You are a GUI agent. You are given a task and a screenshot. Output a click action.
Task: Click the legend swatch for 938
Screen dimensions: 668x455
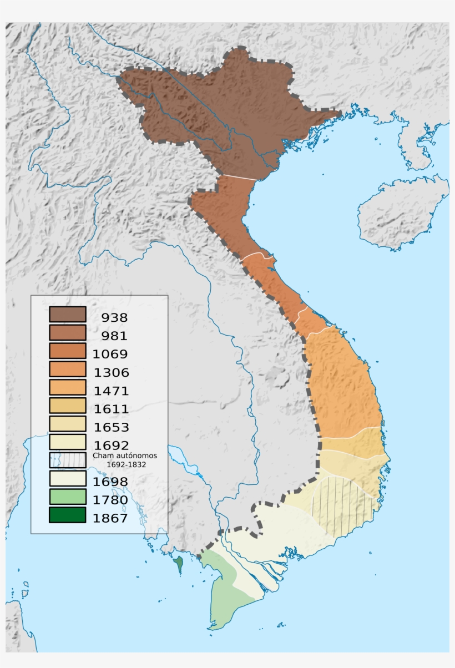pyautogui.click(x=67, y=314)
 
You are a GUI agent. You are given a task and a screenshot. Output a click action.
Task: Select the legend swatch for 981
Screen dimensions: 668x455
pyautogui.click(x=67, y=332)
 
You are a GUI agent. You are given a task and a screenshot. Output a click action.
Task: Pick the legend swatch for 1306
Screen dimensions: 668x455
pyautogui.click(x=67, y=369)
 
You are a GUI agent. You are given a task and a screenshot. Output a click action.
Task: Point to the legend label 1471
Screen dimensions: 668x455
pyautogui.click(x=112, y=391)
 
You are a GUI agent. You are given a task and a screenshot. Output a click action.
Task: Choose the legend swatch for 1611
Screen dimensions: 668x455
pyautogui.click(x=67, y=406)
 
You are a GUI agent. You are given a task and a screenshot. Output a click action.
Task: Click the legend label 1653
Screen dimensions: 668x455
pyautogui.click(x=112, y=427)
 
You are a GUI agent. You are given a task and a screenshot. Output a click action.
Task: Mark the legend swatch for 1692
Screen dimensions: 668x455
pyautogui.click(x=67, y=442)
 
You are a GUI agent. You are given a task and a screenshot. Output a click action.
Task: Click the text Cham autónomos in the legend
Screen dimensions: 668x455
pyautogui.click(x=125, y=455)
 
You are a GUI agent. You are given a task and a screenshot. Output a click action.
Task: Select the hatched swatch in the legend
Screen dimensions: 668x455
pyautogui.click(x=67, y=460)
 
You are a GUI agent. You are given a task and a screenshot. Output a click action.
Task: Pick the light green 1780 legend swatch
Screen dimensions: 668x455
pyautogui.click(x=67, y=497)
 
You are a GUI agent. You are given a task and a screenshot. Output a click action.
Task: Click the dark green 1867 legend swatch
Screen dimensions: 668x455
pyautogui.click(x=67, y=515)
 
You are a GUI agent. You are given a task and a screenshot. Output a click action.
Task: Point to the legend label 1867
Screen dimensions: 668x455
pyautogui.click(x=112, y=518)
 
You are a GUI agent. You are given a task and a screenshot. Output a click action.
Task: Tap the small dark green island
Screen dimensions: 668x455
pyautogui.click(x=178, y=565)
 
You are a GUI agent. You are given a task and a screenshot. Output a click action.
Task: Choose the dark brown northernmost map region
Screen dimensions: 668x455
pyautogui.click(x=222, y=111)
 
